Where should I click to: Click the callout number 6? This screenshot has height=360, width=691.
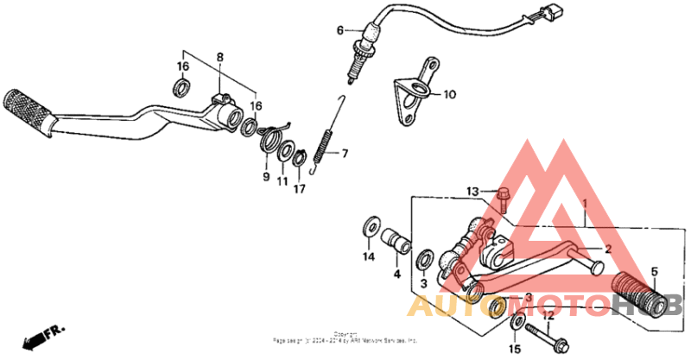click(x=340, y=31)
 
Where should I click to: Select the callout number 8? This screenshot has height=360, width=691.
click(x=219, y=57)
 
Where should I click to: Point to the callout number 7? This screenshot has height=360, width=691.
click(x=343, y=155)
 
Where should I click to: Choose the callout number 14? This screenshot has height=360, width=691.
click(x=368, y=256)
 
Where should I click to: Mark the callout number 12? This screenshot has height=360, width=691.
click(x=547, y=316)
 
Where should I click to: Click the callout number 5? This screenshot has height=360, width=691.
click(x=653, y=270)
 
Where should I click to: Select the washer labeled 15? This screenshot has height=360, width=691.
click(x=516, y=324)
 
